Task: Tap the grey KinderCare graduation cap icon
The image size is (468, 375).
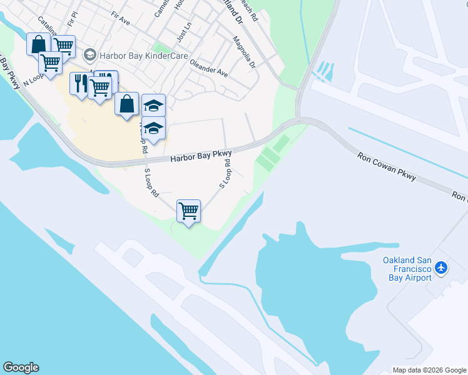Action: click(90, 56)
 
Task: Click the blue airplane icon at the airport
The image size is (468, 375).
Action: click(442, 267)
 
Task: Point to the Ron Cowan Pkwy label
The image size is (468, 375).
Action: click(387, 167)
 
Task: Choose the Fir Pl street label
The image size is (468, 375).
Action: click(73, 17)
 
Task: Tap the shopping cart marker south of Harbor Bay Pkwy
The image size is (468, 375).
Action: click(188, 211)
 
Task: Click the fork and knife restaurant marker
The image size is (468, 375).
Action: click(80, 83)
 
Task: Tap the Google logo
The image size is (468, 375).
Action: click(21, 367)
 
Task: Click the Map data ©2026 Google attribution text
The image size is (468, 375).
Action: click(429, 370)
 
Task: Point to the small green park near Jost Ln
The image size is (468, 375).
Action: click(162, 47)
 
